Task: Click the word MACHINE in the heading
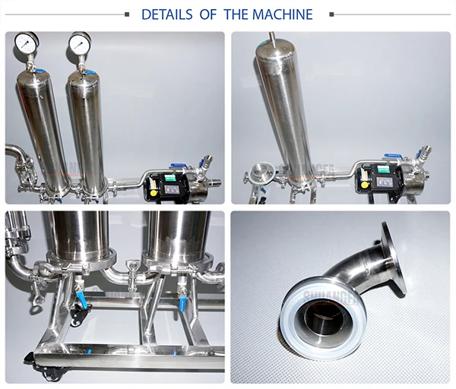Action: coord(283,14)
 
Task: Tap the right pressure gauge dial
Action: coord(80,45)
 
